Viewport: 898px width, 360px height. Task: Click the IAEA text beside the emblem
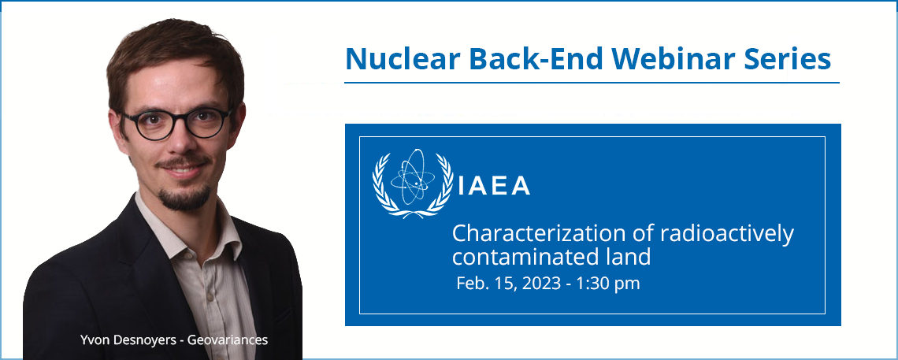pyautogui.click(x=494, y=185)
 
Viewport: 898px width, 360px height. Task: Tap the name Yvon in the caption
pyautogui.click(x=93, y=340)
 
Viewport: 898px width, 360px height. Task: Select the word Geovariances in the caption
pyautogui.click(x=236, y=340)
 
